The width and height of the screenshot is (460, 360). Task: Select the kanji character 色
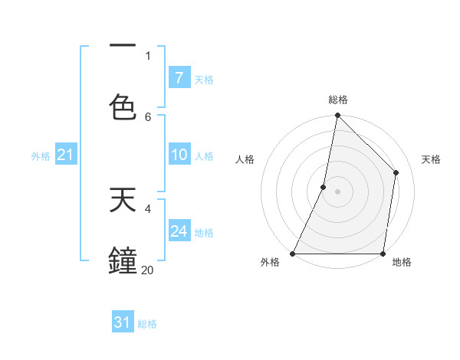point(123,107)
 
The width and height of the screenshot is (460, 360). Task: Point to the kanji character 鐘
point(123,260)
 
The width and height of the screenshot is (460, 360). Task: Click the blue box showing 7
point(179,78)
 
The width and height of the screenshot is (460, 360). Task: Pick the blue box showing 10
point(179,155)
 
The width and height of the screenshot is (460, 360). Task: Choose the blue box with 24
point(179,231)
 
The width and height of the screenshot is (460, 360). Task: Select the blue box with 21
point(65,155)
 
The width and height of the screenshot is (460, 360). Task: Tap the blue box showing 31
point(123,323)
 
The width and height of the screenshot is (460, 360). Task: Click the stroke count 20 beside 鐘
point(147,270)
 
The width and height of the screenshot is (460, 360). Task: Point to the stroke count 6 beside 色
point(148,116)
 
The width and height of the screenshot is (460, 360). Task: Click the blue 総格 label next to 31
point(147,324)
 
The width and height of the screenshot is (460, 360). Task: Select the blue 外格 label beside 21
point(41,156)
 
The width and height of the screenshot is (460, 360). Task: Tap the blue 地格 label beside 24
point(204,232)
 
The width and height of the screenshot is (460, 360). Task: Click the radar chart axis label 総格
point(338,100)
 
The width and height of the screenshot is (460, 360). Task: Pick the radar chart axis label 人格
point(245,159)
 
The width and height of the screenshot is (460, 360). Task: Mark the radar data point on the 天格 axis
point(396,172)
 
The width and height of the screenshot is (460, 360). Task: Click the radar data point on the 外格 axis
point(293,254)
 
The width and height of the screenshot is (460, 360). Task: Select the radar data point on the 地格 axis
point(383,254)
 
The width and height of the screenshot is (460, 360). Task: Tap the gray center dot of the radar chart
point(338,191)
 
